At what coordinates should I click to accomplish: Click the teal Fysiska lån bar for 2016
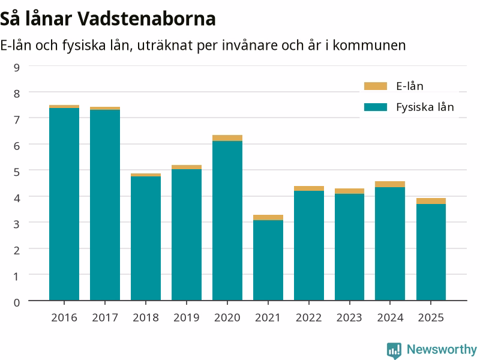click(64, 204)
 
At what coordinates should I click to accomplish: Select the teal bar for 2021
click(268, 260)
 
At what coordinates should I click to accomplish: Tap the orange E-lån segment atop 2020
click(227, 138)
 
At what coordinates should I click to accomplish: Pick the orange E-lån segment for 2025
click(431, 201)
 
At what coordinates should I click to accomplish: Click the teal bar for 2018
click(146, 238)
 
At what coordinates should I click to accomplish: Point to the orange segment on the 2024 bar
click(390, 184)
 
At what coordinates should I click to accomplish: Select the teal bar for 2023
click(350, 247)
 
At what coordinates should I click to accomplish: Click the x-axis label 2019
click(187, 318)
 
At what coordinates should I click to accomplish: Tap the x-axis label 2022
click(308, 318)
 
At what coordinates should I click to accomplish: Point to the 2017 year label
click(105, 318)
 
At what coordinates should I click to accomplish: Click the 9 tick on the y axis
click(17, 67)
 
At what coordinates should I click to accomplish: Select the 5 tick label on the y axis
click(17, 172)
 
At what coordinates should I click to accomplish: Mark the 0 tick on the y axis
click(17, 302)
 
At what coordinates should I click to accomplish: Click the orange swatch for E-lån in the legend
click(376, 86)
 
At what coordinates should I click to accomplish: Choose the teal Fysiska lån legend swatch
click(376, 107)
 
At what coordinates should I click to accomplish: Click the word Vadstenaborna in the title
click(146, 19)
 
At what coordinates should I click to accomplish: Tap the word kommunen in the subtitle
click(369, 46)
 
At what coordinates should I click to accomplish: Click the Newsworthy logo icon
click(394, 350)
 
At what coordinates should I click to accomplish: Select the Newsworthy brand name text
click(442, 349)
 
